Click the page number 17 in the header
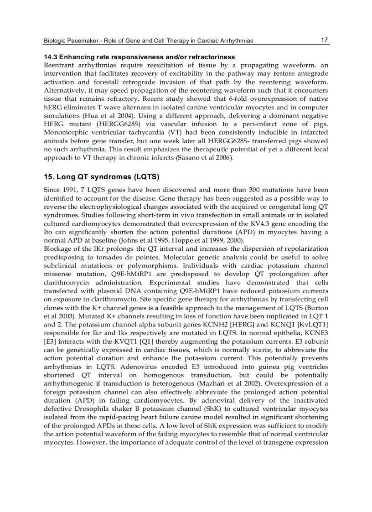click(x=324, y=40)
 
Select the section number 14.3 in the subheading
click(x=51, y=57)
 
